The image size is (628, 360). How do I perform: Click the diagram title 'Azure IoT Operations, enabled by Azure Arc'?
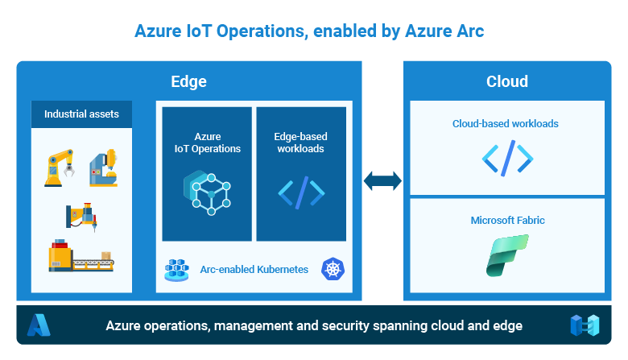[309, 31]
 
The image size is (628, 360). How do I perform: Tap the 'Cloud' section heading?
[507, 81]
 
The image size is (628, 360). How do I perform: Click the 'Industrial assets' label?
[81, 114]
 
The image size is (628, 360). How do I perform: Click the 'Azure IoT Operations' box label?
[207, 143]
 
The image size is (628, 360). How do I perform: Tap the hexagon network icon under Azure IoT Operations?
[207, 192]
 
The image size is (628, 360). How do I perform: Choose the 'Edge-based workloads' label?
[301, 143]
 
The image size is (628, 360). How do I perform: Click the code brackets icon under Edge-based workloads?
[301, 193]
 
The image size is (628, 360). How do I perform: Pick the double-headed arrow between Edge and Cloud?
[382, 180]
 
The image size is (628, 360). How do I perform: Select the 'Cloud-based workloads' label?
[506, 124]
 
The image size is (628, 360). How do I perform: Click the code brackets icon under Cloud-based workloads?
[507, 159]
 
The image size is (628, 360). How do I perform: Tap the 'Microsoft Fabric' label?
[507, 220]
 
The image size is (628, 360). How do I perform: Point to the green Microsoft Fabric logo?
[507, 255]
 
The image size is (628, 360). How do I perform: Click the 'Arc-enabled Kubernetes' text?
[254, 270]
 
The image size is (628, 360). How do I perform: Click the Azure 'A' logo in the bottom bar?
[39, 325]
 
